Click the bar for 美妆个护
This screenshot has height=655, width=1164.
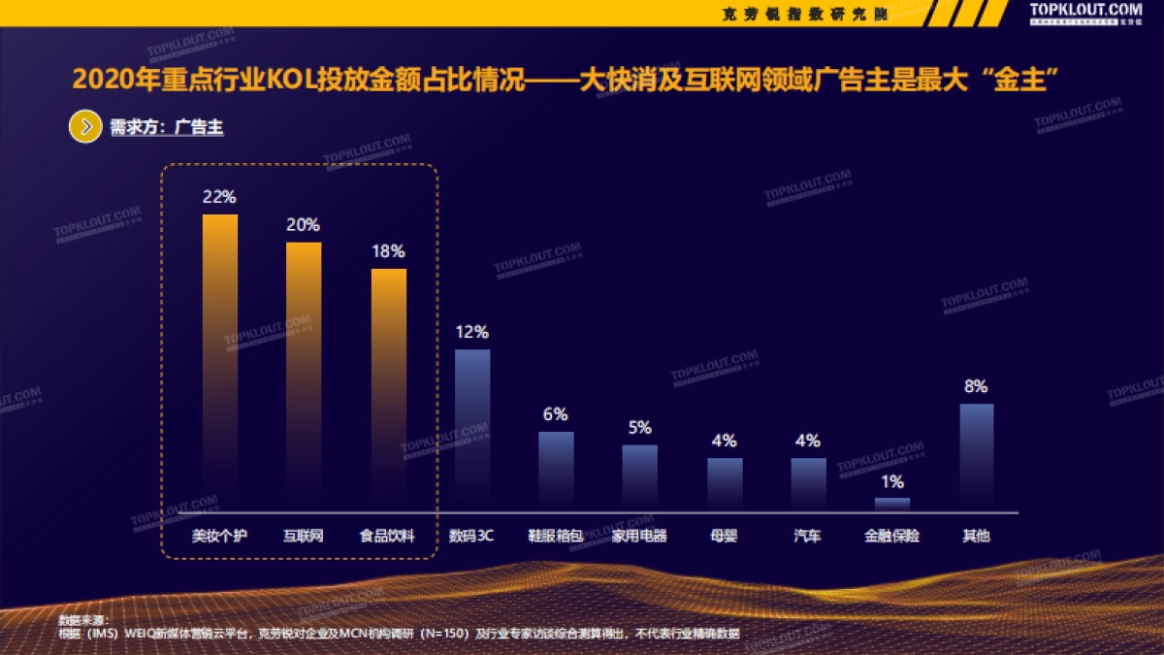[220, 359]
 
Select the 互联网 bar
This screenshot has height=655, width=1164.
[304, 374]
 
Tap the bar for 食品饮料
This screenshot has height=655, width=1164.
[388, 388]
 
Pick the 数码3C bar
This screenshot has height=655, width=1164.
[472, 427]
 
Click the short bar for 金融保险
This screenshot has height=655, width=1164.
[892, 504]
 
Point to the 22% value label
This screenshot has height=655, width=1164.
[219, 197]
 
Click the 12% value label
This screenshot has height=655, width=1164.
[471, 332]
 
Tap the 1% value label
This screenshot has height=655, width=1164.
[892, 482]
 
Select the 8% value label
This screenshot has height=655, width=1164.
[976, 386]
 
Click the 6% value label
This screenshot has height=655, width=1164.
[556, 415]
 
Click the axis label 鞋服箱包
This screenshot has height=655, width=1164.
[556, 536]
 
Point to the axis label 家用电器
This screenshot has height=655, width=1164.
[639, 536]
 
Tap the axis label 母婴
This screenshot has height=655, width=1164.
[724, 536]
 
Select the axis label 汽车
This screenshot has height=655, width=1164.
[807, 536]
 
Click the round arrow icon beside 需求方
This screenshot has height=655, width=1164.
[85, 127]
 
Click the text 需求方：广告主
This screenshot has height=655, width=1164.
[167, 128]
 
